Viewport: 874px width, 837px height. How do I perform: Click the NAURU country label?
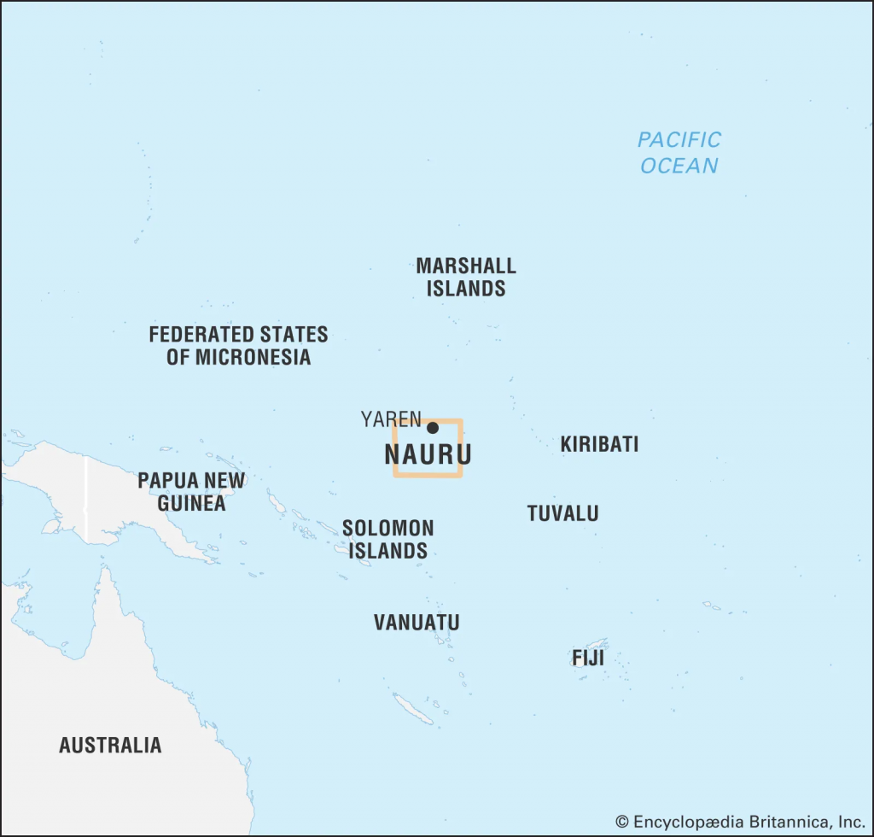[428, 454]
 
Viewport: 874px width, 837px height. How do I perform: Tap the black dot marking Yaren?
[433, 428]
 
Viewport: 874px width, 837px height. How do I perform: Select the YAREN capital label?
[391, 418]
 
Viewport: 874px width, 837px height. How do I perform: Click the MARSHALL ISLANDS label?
[466, 277]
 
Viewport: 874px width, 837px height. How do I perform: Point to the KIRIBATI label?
[599, 444]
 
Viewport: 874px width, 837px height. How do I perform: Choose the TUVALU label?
[562, 513]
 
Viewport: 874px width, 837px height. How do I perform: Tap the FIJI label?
[588, 658]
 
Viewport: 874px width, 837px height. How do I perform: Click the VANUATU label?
[417, 623]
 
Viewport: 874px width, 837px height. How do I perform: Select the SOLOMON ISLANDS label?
[387, 540]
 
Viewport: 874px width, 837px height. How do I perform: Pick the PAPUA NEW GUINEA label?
[191, 492]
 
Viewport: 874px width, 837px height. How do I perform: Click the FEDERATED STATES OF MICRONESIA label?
[238, 345]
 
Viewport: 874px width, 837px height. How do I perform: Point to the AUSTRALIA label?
[110, 745]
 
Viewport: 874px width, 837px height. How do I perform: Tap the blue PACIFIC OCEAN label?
[679, 152]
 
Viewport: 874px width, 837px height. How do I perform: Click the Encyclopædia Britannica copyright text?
[740, 822]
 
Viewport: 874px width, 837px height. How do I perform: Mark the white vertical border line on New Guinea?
[85, 500]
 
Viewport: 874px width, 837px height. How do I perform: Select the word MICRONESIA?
[252, 357]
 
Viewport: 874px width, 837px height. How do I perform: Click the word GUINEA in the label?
[191, 503]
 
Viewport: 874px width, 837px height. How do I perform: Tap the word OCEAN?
[679, 165]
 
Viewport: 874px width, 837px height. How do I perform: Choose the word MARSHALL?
[466, 266]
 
